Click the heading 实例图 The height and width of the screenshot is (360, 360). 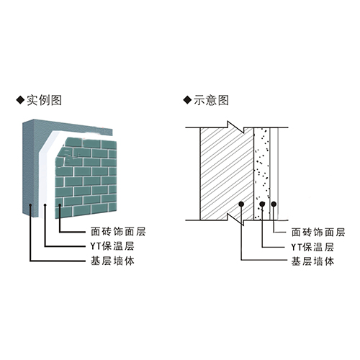pos(44,100)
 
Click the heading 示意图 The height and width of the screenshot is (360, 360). pos(211,100)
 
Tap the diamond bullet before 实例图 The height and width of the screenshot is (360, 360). pos(20,100)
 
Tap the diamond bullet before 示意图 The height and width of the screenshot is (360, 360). pos(187,100)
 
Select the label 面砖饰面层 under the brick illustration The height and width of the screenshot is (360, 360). pos(118,232)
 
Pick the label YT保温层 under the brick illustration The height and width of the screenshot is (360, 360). pos(112,246)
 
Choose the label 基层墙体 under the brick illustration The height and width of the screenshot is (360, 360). pos(112,261)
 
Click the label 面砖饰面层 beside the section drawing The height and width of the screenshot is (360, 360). pos(318,233)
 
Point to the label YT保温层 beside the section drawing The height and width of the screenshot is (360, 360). pos(312,247)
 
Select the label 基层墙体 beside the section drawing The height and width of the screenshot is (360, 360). pos(312,261)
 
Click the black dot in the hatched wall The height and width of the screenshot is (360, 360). pos(241,204)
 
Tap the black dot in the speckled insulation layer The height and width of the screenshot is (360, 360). pos(262,204)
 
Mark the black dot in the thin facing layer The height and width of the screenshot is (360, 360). pos(274,204)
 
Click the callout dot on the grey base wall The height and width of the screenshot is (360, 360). pos(30,204)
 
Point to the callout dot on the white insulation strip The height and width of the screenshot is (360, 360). pos(45,204)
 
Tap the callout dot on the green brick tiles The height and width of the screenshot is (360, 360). pos(60,204)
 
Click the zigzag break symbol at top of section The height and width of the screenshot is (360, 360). pos(236,127)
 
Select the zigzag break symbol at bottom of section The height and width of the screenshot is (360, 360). pos(236,220)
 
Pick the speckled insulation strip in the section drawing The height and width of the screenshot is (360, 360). pos(262,174)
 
